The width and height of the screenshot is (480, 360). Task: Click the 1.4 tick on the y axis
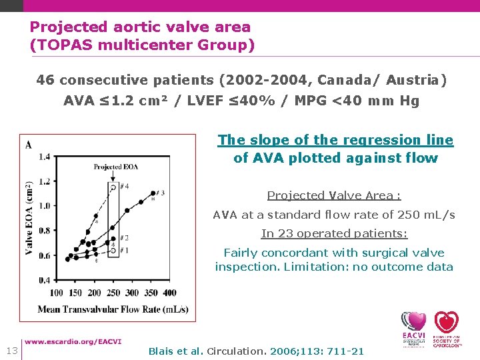[45, 157]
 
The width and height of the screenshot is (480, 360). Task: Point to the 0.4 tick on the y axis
[45, 280]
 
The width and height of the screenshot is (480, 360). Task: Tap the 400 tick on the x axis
[169, 293]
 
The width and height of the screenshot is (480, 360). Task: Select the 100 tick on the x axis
[57, 293]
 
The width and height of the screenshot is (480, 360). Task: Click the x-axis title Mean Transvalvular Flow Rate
[113, 309]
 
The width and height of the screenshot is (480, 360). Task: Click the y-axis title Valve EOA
[29, 218]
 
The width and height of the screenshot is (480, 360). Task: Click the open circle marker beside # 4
[113, 188]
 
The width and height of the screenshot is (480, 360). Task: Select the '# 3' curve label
[158, 193]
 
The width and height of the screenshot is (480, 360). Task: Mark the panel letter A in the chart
[28, 145]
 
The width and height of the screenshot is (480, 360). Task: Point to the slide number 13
[11, 351]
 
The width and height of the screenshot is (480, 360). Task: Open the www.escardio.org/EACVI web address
[73, 341]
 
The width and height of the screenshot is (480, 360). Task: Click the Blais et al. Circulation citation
[256, 351]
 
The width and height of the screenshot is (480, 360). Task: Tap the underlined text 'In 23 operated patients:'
[333, 233]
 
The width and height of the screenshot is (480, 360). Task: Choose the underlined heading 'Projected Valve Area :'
[333, 195]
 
